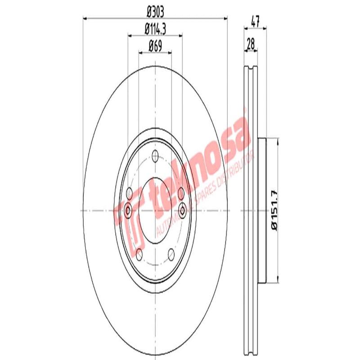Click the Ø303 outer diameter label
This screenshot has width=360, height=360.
[155, 11]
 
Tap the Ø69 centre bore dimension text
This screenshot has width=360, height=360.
[155, 45]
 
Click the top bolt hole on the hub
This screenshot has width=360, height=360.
[156, 156]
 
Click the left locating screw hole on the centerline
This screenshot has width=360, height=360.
[128, 210]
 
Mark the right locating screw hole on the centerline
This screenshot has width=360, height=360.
[183, 210]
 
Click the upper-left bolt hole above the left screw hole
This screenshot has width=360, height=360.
[130, 193]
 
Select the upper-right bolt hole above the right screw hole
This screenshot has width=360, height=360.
[181, 193]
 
